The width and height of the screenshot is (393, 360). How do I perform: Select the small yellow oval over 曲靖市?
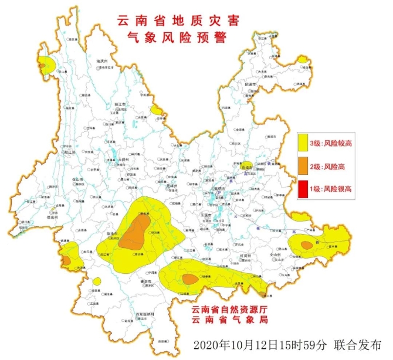tap(248, 165)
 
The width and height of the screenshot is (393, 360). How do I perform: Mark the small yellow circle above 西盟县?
tap(97, 281)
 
